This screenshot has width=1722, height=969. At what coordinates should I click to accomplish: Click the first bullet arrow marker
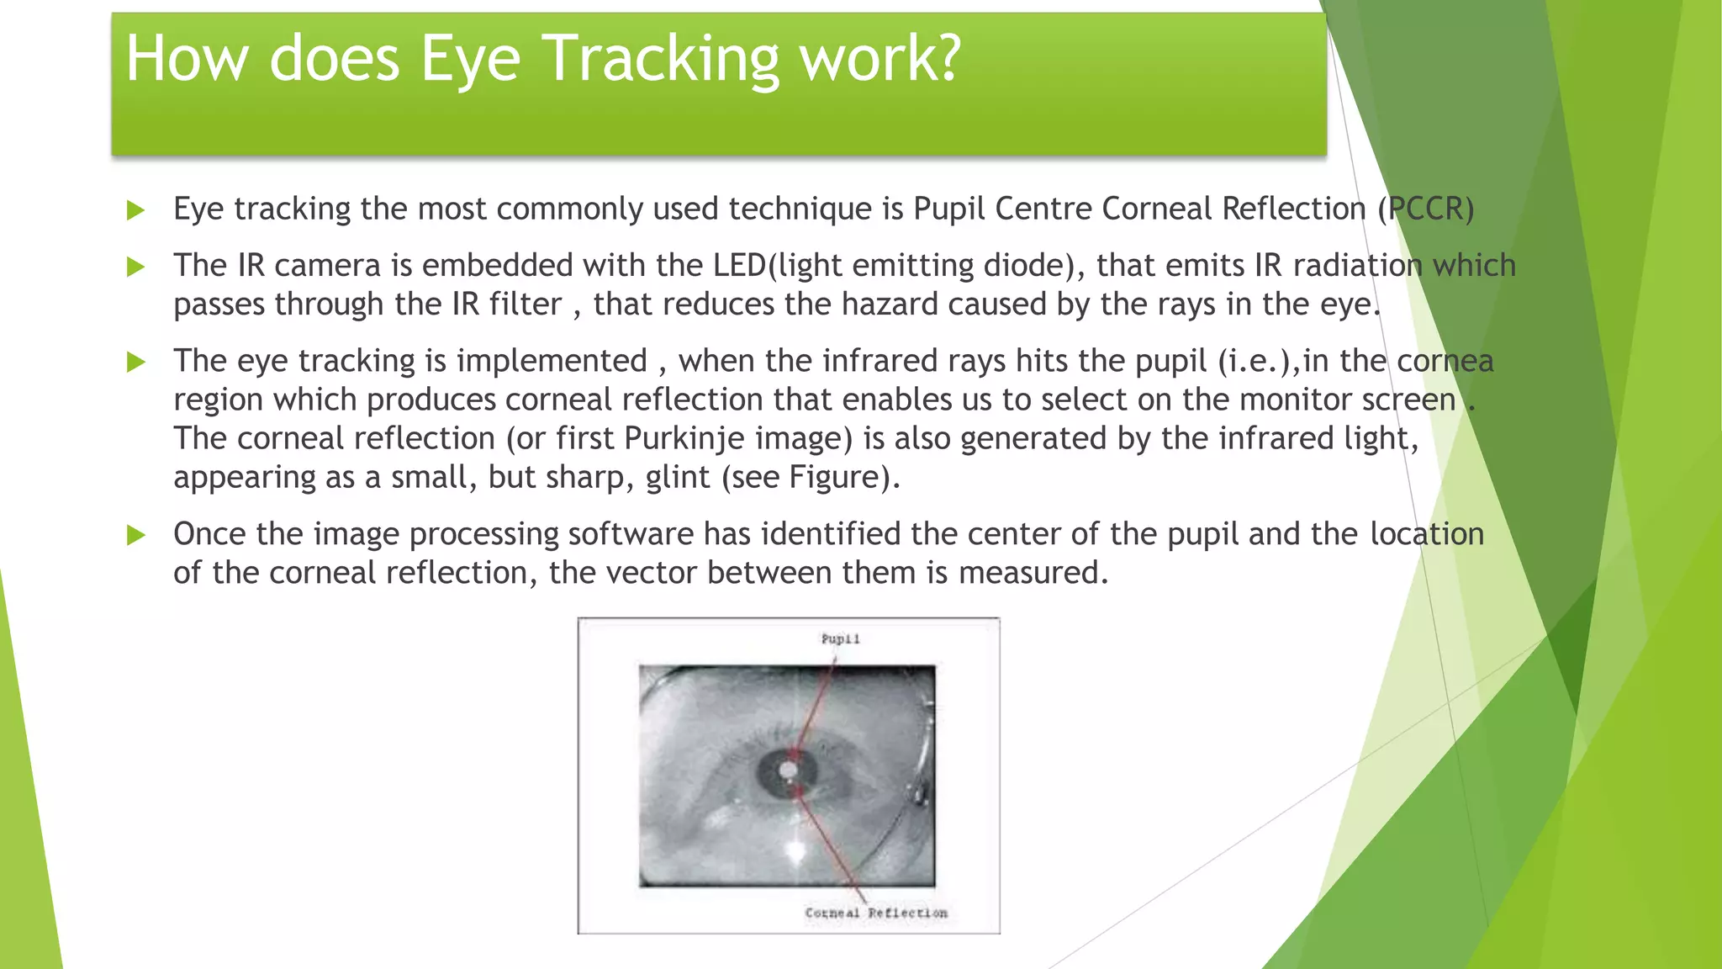[135, 210]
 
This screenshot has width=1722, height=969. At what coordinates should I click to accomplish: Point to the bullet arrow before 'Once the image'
[135, 535]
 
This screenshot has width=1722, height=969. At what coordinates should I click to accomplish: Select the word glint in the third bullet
[678, 478]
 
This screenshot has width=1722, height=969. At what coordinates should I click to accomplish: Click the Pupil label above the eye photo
[840, 639]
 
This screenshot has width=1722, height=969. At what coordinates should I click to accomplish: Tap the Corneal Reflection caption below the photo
[875, 913]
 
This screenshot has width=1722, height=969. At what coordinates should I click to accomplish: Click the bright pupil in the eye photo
[788, 769]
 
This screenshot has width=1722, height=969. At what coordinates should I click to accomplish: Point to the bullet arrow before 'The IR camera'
[135, 267]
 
